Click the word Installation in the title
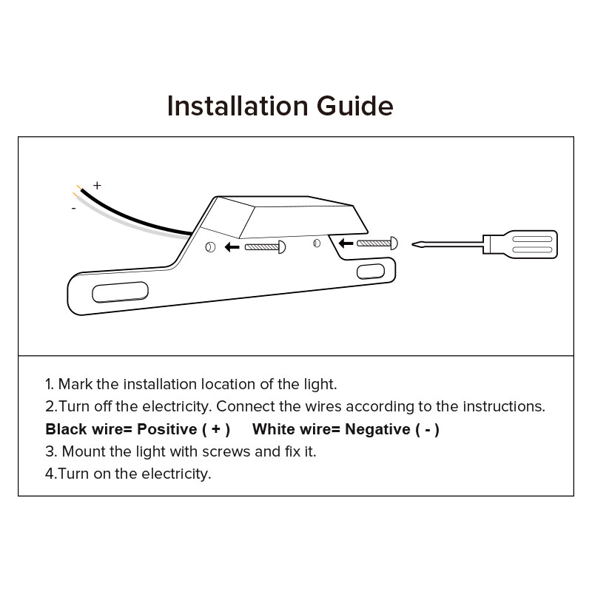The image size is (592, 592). [x=238, y=106]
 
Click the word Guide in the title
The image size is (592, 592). [x=355, y=106]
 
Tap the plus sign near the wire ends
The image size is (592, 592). [x=98, y=186]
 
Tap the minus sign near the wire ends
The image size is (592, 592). [x=73, y=208]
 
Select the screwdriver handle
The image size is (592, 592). [x=520, y=244]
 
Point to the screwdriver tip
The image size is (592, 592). [x=413, y=244]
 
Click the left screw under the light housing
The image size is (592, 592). [x=265, y=247]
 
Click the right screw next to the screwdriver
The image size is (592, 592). [x=377, y=243]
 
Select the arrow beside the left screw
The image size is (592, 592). [x=232, y=247]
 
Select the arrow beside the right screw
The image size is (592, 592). [x=346, y=243]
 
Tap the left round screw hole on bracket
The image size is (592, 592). [x=210, y=247]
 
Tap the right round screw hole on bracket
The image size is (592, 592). [x=317, y=243]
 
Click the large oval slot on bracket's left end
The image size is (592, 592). [x=120, y=292]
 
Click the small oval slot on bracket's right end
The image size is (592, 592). [x=371, y=272]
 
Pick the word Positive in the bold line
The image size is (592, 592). [x=167, y=429]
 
